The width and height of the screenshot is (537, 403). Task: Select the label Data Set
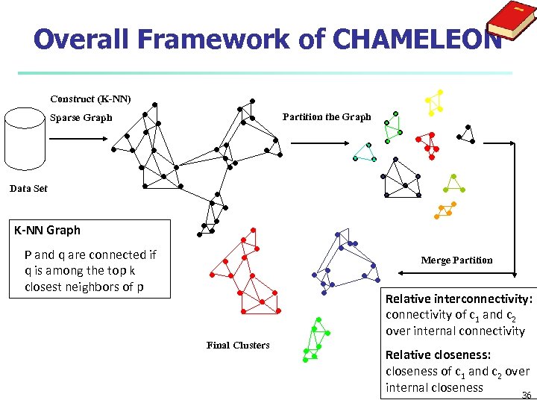click(x=28, y=189)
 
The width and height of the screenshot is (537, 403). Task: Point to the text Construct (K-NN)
click(x=90, y=99)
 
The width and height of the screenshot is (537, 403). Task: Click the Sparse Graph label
click(x=81, y=118)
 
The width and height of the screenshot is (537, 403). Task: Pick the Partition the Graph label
click(x=326, y=117)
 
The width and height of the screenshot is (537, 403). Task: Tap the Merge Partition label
click(x=456, y=260)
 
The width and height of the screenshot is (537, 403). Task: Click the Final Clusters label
click(x=237, y=345)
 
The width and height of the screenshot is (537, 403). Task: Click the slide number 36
click(x=527, y=395)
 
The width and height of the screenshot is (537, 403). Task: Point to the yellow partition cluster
click(x=434, y=102)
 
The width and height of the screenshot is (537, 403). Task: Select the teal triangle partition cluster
click(x=365, y=153)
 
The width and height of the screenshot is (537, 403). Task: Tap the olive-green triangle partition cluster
click(x=453, y=184)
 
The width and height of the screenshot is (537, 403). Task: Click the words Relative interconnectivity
click(x=459, y=299)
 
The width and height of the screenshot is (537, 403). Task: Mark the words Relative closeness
click(x=438, y=355)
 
